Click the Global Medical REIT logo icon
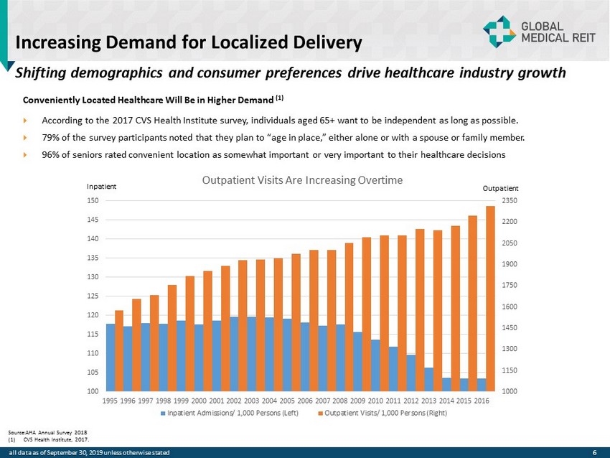coord(499,30)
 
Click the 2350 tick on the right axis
coord(510,200)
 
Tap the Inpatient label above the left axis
coord(101,186)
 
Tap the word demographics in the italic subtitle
coord(113,73)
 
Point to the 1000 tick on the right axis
coord(510,391)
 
